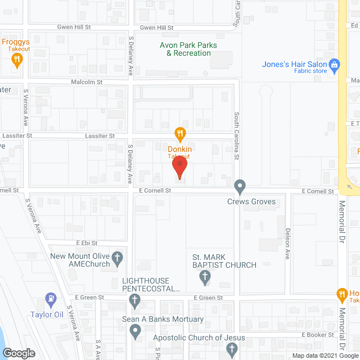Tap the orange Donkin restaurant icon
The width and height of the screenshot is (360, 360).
[x=179, y=134]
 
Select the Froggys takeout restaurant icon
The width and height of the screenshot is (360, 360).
[x=17, y=59]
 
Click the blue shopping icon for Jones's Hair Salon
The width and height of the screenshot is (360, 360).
[x=335, y=65]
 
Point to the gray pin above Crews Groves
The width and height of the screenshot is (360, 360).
[x=240, y=186]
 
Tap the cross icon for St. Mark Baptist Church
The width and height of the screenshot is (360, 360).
[x=205, y=276]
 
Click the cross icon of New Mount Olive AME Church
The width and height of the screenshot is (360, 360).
[x=118, y=259]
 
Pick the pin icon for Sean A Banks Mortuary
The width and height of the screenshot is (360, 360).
[x=136, y=331]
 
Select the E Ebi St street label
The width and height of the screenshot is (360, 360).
[x=87, y=243]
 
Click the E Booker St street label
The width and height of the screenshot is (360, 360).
[x=318, y=334]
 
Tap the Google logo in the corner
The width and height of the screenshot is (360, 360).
[x=18, y=353]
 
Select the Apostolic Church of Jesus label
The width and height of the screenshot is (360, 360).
[x=200, y=337]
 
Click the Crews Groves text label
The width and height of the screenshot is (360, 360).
[x=251, y=201]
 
